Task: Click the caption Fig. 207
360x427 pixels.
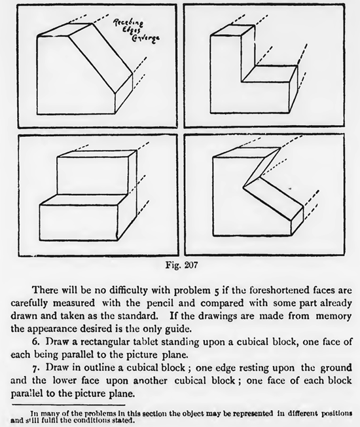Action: (181, 265)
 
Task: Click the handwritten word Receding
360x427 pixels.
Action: (128, 23)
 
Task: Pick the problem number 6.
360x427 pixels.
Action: (35, 341)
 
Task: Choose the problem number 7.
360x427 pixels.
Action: (35, 368)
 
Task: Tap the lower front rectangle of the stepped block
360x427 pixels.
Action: (79, 223)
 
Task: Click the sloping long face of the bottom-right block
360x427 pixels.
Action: (273, 200)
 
